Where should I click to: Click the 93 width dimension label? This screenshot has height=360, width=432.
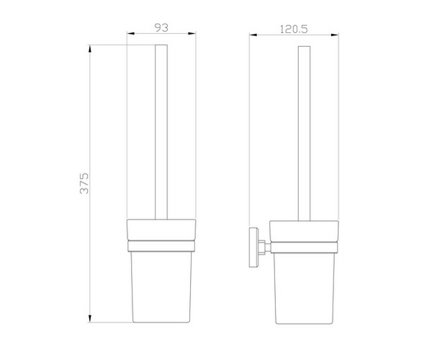coord(161,27)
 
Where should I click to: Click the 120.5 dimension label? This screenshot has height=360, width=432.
coord(294,30)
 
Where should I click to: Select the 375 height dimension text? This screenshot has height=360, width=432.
coord(84,184)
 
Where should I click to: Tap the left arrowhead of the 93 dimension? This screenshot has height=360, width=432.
coord(130,34)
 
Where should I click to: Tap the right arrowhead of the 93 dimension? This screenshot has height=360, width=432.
coord(192,34)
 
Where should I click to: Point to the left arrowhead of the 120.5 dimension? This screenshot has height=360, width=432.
coord(253,35)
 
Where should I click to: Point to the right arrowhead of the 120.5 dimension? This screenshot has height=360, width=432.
coord(335,35)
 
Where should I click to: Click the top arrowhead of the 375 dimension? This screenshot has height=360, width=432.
coord(89,49)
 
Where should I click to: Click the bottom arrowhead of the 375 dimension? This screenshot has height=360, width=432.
coord(89,318)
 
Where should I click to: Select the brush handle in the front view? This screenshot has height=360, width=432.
coord(161,132)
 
